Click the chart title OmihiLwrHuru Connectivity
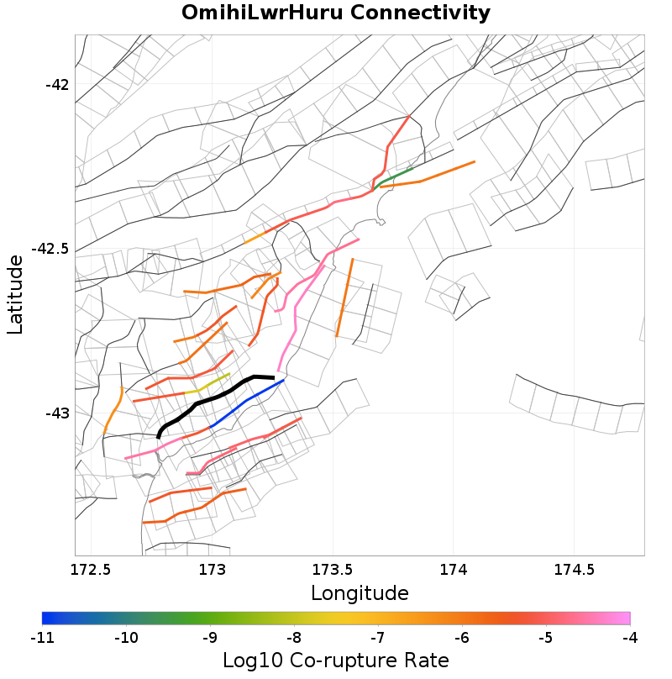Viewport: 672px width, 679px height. click(x=336, y=13)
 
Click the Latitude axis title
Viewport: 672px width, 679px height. click(x=15, y=295)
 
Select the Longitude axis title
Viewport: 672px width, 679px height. click(x=360, y=593)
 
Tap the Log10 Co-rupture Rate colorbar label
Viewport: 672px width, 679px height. click(x=335, y=661)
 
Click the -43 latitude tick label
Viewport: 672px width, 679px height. click(x=57, y=413)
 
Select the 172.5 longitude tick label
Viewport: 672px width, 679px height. click(x=92, y=570)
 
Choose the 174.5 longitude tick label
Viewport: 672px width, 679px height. click(x=574, y=570)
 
